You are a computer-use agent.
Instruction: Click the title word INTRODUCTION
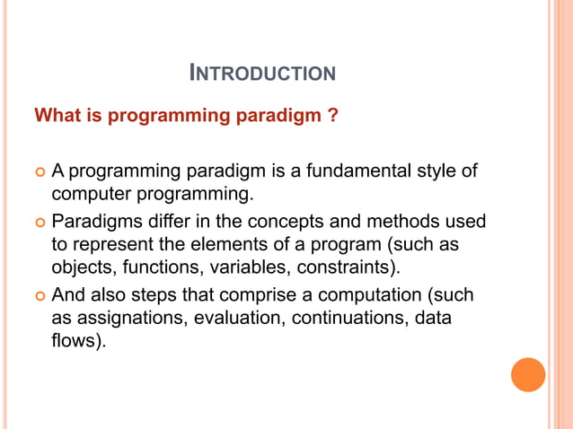(x=263, y=73)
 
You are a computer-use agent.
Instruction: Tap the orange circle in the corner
(x=528, y=374)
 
